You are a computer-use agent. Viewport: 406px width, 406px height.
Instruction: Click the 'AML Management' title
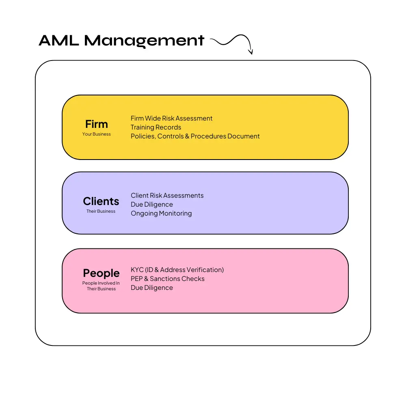[x=121, y=41]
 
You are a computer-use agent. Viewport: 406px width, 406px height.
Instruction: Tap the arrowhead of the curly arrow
[x=251, y=52]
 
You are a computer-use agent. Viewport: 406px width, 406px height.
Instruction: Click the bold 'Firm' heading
[x=97, y=124]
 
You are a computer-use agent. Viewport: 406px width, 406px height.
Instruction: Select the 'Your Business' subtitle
[x=97, y=134]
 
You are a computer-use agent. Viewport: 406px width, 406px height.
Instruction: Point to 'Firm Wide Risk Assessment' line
[x=171, y=119]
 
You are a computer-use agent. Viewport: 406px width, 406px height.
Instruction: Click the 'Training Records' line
[x=156, y=127]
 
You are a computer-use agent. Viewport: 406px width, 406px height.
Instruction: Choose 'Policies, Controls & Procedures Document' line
[x=195, y=136]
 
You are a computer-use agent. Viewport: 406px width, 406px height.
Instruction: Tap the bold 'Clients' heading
[x=101, y=201]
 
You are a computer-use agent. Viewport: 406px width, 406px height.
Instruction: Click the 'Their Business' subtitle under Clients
[x=101, y=211]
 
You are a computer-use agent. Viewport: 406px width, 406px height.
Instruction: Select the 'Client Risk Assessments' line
[x=167, y=196]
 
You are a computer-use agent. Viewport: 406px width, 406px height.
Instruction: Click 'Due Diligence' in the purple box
[x=151, y=205]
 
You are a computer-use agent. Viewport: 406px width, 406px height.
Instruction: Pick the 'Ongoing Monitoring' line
[x=161, y=214]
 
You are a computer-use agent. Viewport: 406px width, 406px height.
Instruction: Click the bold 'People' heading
[x=101, y=273]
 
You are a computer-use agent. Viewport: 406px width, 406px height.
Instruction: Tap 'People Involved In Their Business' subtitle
[x=101, y=286]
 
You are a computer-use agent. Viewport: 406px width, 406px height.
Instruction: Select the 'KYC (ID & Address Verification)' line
[x=177, y=270]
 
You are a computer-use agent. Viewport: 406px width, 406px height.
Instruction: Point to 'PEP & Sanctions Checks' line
[x=167, y=279]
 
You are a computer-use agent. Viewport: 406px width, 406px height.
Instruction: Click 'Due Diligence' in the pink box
[x=151, y=288]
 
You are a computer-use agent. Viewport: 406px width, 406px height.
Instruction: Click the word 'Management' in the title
[x=144, y=41]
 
